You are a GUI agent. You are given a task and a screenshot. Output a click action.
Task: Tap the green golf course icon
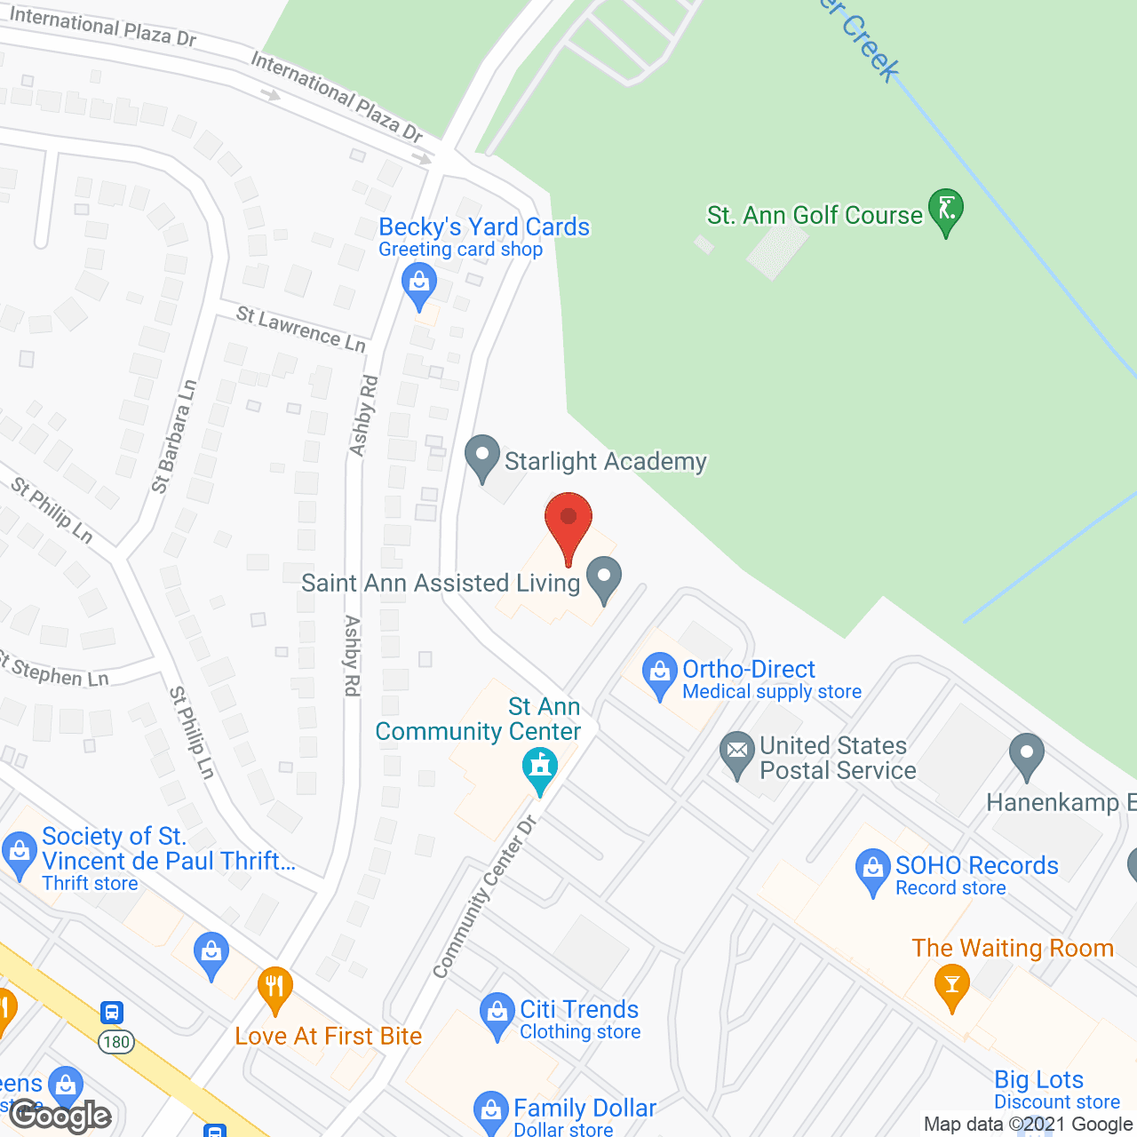tap(946, 211)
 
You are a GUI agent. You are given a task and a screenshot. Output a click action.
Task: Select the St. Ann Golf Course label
tap(815, 216)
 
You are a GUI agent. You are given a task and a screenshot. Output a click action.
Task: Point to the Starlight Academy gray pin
tap(482, 457)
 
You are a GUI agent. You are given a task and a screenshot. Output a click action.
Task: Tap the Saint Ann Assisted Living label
tap(441, 584)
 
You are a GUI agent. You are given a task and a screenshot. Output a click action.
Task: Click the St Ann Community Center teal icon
tap(539, 768)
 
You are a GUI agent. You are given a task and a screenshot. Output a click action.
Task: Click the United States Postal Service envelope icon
tap(736, 753)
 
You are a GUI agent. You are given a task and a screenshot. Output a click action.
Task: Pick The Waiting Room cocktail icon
tap(952, 985)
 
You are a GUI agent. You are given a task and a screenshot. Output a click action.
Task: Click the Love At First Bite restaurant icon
tap(275, 989)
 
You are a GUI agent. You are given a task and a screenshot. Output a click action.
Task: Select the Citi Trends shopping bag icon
tap(497, 1014)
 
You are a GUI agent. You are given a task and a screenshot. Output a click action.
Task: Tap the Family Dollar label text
tap(584, 1109)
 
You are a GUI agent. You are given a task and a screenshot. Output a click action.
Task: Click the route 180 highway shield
tap(115, 1042)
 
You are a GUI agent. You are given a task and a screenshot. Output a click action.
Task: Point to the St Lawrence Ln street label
tap(301, 329)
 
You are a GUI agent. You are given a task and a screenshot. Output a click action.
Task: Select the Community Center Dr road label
tap(485, 897)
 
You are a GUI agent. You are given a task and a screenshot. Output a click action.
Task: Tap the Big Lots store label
tap(1038, 1080)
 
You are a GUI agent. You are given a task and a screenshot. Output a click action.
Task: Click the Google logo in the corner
tap(60, 1116)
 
